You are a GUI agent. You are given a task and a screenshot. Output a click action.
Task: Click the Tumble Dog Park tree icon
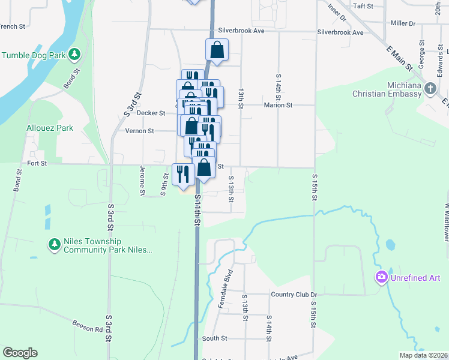tap(75, 55)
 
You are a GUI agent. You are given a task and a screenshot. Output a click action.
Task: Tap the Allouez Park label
tap(50, 128)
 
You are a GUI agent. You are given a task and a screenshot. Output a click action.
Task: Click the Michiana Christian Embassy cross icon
tap(430, 89)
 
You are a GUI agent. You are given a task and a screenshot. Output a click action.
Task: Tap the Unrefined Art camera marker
tap(381, 277)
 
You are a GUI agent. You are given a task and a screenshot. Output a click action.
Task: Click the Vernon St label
tap(140, 131)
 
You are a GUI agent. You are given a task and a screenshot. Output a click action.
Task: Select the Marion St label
tap(278, 105)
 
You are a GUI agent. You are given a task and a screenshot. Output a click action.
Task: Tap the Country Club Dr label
tap(294, 295)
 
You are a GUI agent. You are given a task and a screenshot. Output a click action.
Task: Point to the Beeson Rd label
tap(89, 329)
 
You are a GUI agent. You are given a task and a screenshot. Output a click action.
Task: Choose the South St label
tap(214, 338)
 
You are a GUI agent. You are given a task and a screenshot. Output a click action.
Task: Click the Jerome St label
tap(143, 181)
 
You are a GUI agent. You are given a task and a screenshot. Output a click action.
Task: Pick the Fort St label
tap(37, 163)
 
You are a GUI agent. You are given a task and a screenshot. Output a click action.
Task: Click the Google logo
tap(20, 353)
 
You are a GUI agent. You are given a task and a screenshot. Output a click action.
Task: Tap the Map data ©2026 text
tap(423, 355)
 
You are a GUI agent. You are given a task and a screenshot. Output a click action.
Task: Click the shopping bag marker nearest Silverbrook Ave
tap(217, 51)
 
